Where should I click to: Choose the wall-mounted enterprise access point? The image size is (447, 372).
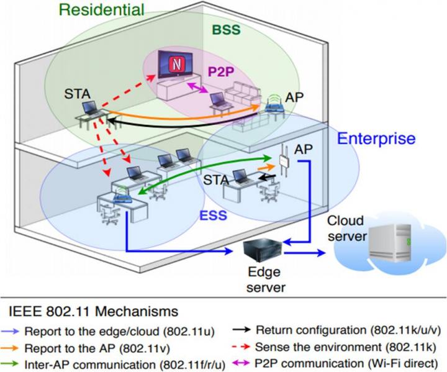click(285, 163)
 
